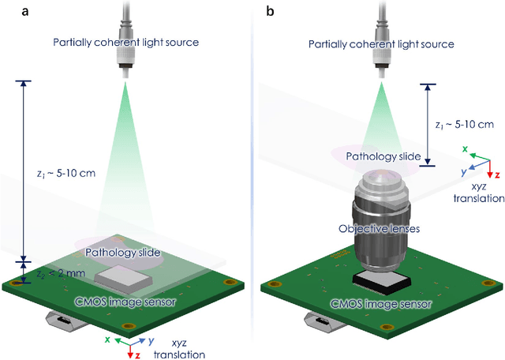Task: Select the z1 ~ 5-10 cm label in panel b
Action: point(465,124)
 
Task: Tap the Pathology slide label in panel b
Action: point(384,156)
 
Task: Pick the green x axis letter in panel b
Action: point(465,148)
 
